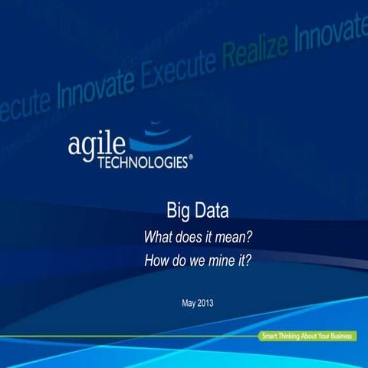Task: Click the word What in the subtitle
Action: point(157,236)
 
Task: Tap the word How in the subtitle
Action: point(156,261)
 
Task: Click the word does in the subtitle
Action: point(188,236)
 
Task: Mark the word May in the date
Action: point(190,302)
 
